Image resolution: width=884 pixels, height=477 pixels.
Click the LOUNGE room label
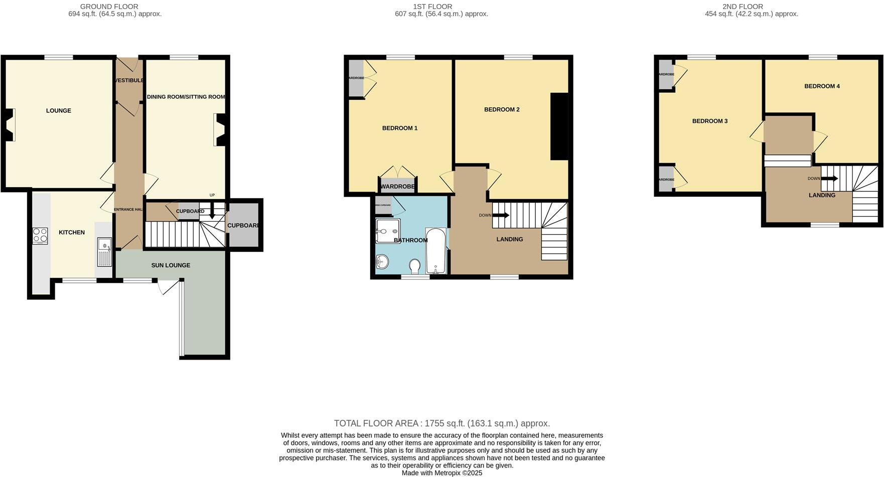(59, 111)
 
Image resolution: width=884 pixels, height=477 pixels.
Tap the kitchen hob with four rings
(40, 236)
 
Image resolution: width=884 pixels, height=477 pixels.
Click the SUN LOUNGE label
(171, 265)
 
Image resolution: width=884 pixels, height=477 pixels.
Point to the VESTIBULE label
(129, 80)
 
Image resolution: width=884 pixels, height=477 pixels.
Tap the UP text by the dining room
(212, 195)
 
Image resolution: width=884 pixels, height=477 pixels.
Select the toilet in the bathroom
(415, 266)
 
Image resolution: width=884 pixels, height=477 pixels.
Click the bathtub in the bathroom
(435, 251)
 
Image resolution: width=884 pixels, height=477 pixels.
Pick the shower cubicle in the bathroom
(387, 231)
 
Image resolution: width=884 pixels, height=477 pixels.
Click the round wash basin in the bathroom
(382, 261)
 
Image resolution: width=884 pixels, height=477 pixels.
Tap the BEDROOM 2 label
(502, 110)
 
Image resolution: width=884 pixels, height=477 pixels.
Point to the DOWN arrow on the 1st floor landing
(500, 215)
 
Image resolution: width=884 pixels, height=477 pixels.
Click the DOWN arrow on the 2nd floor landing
(829, 179)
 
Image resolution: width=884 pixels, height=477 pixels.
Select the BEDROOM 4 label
(822, 86)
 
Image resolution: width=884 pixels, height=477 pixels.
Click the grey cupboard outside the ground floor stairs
(244, 225)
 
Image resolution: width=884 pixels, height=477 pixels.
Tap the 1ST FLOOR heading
(432, 7)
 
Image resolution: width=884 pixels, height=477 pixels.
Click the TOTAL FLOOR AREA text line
(442, 423)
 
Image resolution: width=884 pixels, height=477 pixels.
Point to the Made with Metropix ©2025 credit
(442, 473)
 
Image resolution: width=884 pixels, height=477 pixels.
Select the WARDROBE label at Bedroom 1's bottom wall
(397, 187)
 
